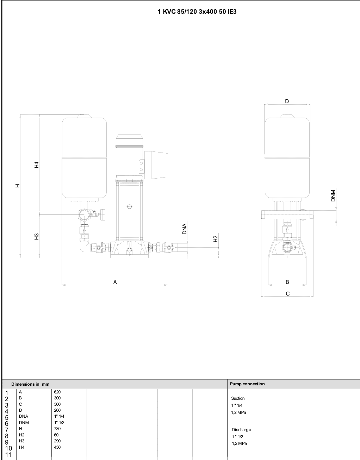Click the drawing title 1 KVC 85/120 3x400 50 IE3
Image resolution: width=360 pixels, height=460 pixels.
(197, 12)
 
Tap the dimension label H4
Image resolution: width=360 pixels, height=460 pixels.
(37, 165)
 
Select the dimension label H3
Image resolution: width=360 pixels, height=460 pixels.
(37, 236)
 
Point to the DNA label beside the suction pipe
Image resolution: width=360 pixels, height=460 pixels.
(184, 229)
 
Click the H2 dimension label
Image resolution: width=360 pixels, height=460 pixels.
(216, 239)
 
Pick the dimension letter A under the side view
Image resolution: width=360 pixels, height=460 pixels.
(115, 282)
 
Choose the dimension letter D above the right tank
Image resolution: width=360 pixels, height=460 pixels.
(287, 101)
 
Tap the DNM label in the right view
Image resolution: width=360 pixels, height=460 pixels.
(333, 195)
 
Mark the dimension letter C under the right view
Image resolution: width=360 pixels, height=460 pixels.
(288, 294)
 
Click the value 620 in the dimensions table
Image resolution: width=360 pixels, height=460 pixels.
(57, 392)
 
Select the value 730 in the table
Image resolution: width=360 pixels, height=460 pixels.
(57, 428)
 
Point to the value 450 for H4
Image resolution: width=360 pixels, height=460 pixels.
(57, 447)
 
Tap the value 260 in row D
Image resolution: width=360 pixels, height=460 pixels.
(57, 410)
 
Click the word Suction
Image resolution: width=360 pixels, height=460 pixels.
(238, 398)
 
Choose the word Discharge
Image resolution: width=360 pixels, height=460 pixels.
(241, 430)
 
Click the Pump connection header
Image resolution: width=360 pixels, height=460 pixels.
(247, 384)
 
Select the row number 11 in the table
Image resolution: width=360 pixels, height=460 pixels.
(8, 454)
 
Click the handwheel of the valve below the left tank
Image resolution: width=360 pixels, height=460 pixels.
(103, 215)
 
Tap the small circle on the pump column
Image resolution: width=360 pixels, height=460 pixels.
(130, 206)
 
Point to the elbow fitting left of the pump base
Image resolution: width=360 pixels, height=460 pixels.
(85, 247)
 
